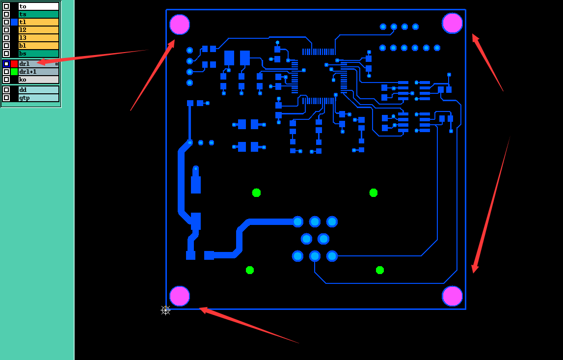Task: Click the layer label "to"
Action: tap(23, 6)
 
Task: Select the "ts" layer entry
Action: tap(23, 14)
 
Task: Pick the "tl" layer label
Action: tap(23, 22)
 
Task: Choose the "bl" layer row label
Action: tap(23, 46)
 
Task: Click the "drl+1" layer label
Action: tap(27, 72)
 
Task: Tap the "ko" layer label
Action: tap(23, 80)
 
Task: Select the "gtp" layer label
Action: tap(25, 98)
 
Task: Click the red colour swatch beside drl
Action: tap(14, 64)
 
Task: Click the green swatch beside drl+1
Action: tap(14, 72)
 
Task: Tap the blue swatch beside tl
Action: tap(14, 22)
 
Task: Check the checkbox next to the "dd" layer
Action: tap(6, 90)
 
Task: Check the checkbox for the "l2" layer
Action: tap(6, 30)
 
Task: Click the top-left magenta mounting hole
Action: tap(180, 25)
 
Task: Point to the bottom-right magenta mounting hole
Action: tap(453, 296)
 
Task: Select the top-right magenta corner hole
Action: tap(453, 23)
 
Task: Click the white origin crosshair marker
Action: tap(165, 310)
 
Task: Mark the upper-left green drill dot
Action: tap(256, 193)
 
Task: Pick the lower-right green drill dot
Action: tap(380, 270)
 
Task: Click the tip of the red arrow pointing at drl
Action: tap(37, 62)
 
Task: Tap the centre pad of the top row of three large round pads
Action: tap(315, 222)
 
